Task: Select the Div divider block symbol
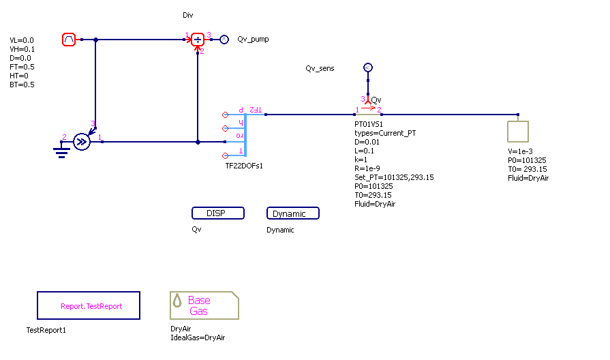click(x=198, y=40)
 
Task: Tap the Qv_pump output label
click(x=253, y=40)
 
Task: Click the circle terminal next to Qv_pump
click(x=224, y=40)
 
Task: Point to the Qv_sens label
click(x=320, y=69)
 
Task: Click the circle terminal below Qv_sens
click(x=367, y=67)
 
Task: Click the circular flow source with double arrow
click(x=82, y=142)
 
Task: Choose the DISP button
click(x=218, y=213)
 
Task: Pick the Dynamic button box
click(x=293, y=213)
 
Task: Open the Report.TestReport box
click(x=89, y=306)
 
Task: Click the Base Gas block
click(x=204, y=305)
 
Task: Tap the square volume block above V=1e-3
click(x=519, y=130)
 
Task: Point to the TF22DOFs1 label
click(x=244, y=166)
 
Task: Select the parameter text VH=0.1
click(x=22, y=50)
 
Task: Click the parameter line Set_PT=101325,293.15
click(x=394, y=177)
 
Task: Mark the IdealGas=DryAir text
click(x=198, y=337)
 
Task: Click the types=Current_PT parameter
click(x=385, y=133)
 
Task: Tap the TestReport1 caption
click(x=46, y=330)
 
